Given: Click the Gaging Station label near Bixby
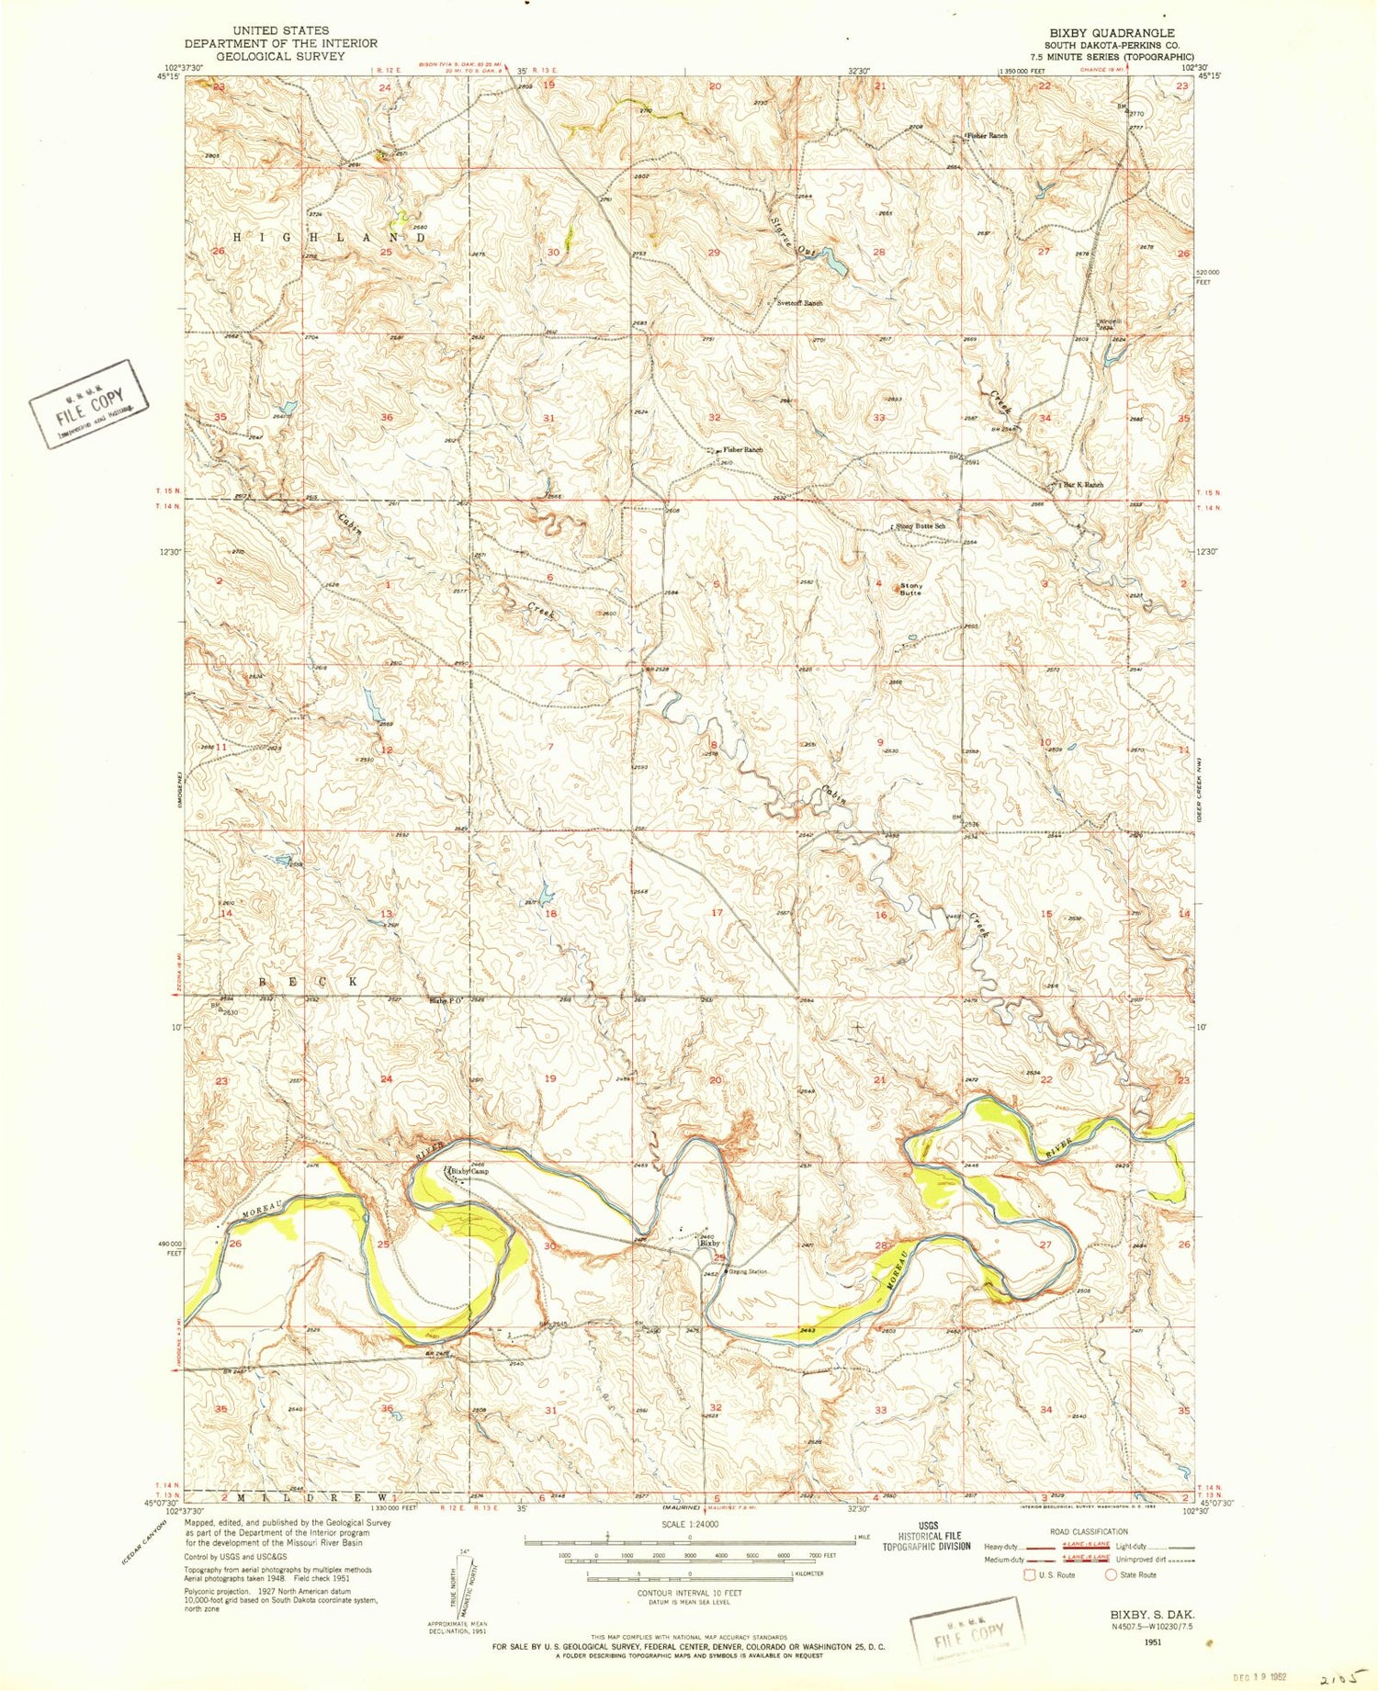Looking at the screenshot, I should click(747, 1271).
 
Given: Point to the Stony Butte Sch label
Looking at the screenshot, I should click(921, 525).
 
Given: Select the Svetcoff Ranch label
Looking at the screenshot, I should click(799, 302).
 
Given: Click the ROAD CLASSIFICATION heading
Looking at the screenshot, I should click(1088, 1531).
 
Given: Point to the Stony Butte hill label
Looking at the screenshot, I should click(910, 589).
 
